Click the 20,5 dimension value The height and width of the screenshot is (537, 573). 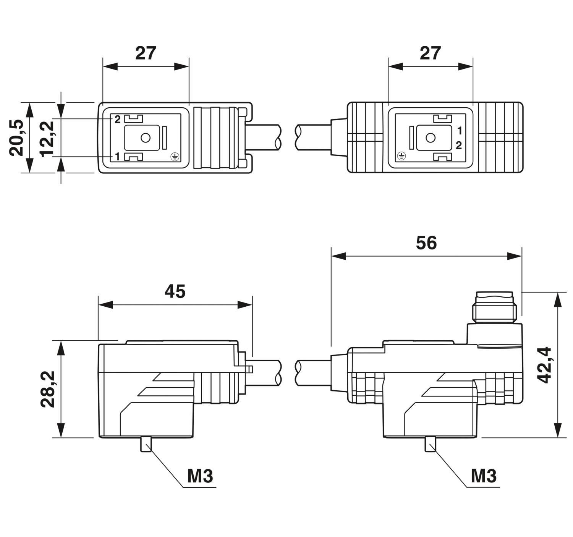click(x=16, y=137)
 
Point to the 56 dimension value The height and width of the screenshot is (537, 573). click(x=426, y=243)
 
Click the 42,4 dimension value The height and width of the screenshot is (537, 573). click(x=545, y=365)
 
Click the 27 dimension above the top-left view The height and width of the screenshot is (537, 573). click(x=146, y=53)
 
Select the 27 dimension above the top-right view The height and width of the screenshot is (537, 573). click(x=430, y=53)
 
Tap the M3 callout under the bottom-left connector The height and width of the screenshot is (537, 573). click(x=200, y=476)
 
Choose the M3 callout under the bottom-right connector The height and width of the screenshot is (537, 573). click(x=484, y=476)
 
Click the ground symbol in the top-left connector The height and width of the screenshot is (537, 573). click(x=175, y=157)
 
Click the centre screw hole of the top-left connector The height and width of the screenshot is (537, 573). click(x=146, y=138)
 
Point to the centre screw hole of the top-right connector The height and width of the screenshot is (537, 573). click(x=431, y=138)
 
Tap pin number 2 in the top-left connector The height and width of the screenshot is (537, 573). click(x=117, y=119)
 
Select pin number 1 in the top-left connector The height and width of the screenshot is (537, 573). click(x=117, y=156)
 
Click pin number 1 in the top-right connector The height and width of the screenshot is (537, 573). click(x=460, y=131)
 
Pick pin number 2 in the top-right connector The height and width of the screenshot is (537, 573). click(x=459, y=145)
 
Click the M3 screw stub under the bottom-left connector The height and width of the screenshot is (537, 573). click(x=146, y=445)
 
